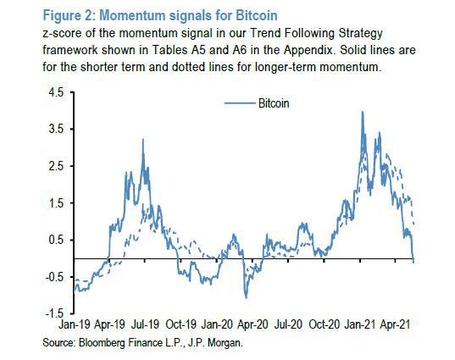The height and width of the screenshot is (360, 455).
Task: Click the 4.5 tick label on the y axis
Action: [x=57, y=92]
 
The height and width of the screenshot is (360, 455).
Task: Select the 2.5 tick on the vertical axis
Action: [x=57, y=166]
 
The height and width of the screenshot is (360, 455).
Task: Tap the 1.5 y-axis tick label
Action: [x=57, y=203]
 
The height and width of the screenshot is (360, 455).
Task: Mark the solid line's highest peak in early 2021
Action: [x=363, y=112]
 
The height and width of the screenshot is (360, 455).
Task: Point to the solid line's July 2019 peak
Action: [x=142, y=140]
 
